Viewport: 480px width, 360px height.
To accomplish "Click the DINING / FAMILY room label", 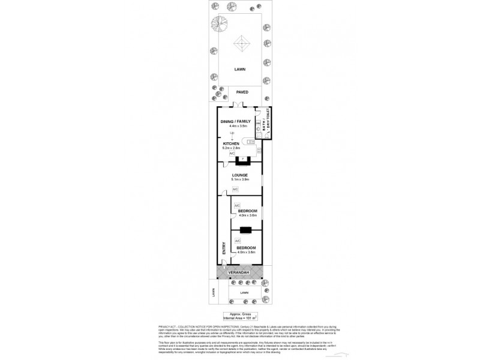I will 235,122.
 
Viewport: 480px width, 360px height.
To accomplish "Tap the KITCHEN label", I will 232,144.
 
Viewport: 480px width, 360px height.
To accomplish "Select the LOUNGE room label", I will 240,175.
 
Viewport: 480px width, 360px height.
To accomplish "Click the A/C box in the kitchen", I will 232,154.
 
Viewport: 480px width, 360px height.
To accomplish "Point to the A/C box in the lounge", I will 235,190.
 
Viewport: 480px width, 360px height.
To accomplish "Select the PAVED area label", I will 242,92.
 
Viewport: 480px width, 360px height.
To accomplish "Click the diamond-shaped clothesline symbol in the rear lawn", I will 241,44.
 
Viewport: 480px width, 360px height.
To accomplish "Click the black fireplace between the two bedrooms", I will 245,229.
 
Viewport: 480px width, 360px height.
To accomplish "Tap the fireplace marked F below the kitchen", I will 244,160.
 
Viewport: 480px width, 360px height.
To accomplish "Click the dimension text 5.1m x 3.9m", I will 240,180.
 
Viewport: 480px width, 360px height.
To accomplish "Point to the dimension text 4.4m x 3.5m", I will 235,127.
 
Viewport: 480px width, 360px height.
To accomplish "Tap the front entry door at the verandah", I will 223,268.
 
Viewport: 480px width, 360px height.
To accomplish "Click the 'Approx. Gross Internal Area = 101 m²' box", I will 239,315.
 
